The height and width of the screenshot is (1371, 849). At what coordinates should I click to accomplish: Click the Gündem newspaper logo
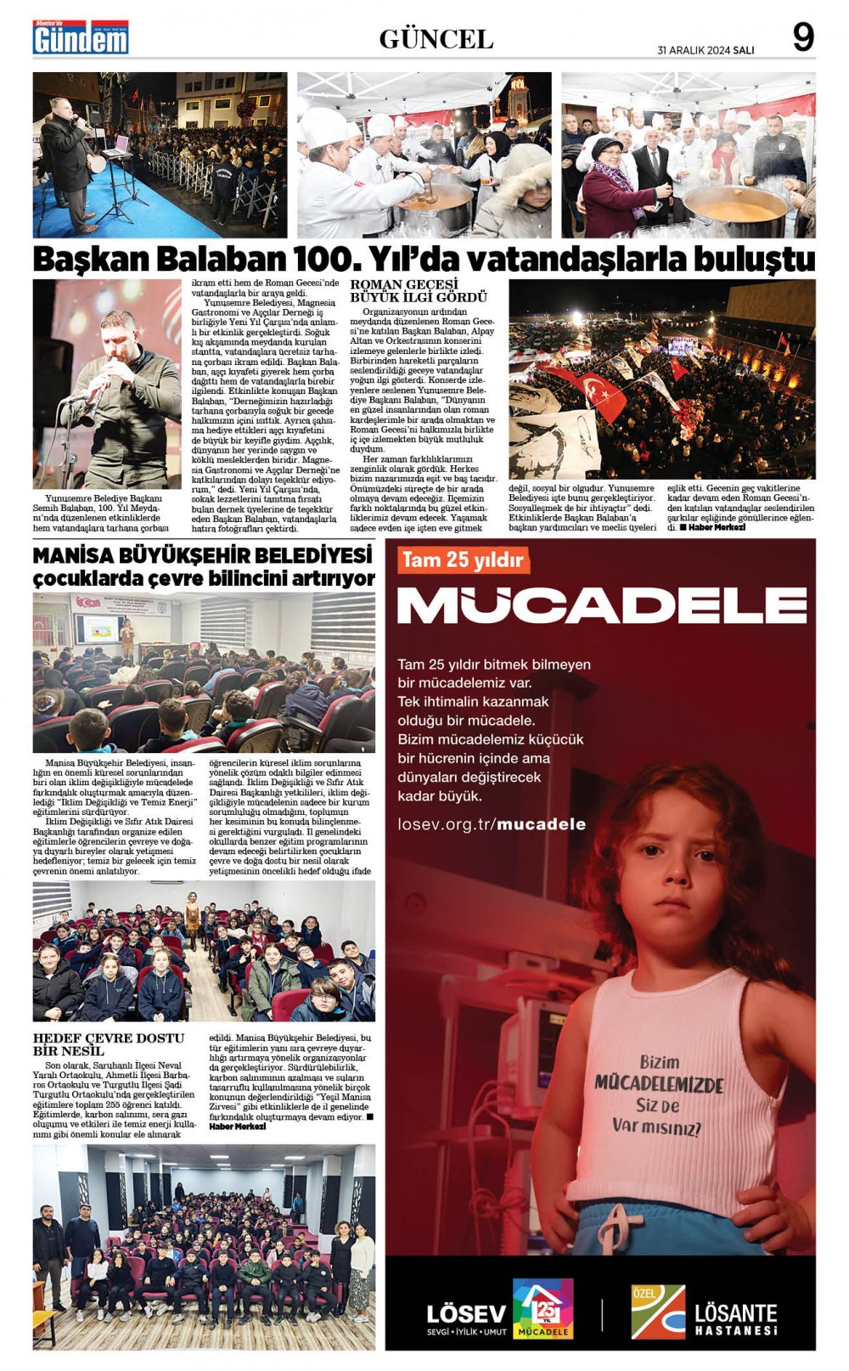(x=81, y=37)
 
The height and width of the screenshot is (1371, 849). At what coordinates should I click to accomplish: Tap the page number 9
(x=802, y=37)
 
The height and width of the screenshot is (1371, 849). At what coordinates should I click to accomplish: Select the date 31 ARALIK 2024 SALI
(x=706, y=50)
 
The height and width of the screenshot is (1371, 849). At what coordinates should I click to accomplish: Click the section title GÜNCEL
(x=436, y=39)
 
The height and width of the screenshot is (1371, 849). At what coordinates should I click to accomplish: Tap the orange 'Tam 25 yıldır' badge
(x=463, y=560)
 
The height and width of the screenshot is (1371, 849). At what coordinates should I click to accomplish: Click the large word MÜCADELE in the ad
(x=601, y=605)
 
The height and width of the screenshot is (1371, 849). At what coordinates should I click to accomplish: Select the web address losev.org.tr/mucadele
(x=492, y=824)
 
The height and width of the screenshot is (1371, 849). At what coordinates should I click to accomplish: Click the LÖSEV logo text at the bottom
(x=466, y=1314)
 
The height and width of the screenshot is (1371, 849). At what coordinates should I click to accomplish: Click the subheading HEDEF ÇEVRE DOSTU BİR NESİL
(x=109, y=1044)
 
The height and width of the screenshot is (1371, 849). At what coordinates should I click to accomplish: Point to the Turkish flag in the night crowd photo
(x=603, y=394)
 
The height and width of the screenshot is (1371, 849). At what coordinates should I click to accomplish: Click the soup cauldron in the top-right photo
(x=734, y=210)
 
